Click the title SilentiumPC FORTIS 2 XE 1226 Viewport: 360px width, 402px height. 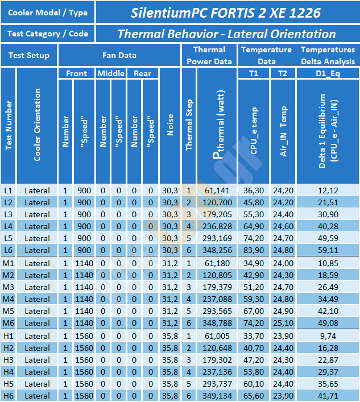[226, 13]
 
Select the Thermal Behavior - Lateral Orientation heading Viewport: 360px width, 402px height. [227, 34]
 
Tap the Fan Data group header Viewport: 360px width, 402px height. [119, 55]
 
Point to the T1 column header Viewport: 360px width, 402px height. [254, 73]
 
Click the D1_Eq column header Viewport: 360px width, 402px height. [328, 74]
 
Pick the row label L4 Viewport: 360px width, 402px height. [8, 226]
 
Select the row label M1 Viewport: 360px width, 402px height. [8, 263]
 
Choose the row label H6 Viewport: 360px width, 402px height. [8, 396]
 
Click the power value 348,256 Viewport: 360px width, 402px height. [217, 250]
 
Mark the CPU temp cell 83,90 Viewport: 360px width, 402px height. [254, 250]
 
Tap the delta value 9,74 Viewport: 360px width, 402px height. [328, 336]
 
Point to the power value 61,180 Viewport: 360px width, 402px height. [217, 263]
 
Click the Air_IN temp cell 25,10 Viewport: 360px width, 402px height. [283, 323]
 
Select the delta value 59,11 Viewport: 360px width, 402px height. [328, 250]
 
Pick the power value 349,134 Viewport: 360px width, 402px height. [217, 396]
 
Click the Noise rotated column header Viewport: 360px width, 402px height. [170, 125]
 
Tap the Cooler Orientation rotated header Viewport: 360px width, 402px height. [37, 125]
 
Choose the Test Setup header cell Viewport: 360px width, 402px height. [29, 55]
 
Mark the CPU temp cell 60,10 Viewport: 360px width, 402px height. [254, 384]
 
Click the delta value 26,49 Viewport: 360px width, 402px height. [328, 287]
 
